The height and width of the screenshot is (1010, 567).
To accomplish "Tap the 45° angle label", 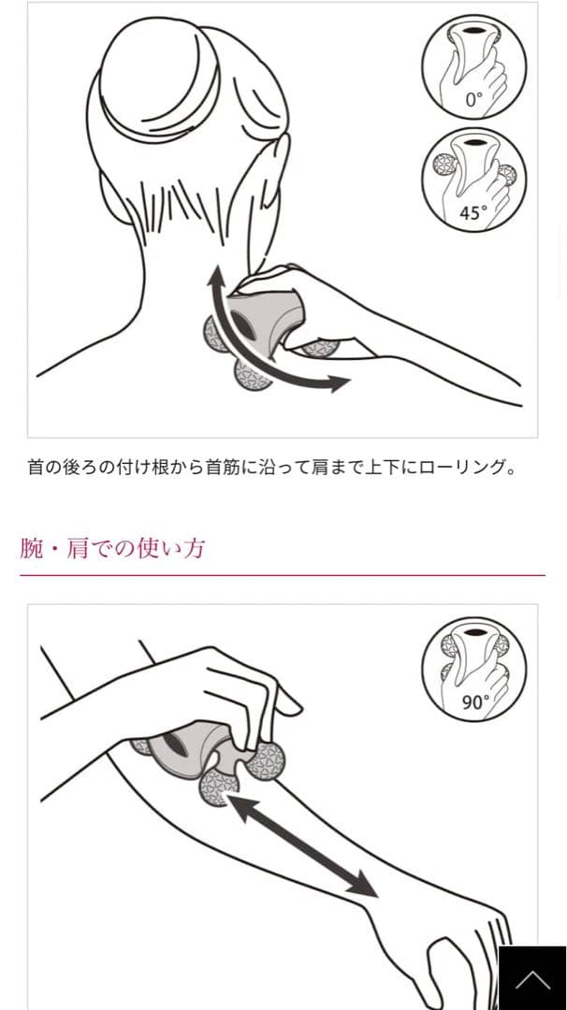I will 473,212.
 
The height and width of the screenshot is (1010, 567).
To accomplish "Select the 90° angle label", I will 475,702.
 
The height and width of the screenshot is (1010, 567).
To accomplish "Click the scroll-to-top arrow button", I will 532,978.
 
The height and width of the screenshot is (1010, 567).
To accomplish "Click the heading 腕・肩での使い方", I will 112,548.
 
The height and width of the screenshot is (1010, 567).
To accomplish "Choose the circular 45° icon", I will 473,180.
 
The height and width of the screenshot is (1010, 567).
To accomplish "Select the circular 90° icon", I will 473,670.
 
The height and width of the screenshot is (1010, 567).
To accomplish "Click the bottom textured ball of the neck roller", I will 252,371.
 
